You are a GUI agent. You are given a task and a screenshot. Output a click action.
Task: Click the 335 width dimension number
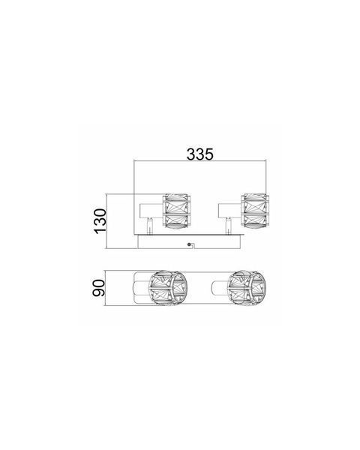pos(200,154)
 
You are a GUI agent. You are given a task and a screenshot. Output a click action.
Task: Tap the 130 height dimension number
pos(100,221)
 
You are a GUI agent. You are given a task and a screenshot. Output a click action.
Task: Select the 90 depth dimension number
pos(99,288)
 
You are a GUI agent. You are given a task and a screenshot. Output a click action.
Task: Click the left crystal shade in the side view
pos(176,211)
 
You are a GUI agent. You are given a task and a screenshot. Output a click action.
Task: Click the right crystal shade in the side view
pos(255,211)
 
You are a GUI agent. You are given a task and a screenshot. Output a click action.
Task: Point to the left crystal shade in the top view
pos(168,287)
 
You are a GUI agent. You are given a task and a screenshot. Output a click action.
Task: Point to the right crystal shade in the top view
pos(247,287)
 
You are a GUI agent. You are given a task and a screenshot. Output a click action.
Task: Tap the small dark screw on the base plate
pos(189,244)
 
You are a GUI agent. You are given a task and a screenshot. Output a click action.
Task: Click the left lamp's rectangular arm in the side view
pos(151,211)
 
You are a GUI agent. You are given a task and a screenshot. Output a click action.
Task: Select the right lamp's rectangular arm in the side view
pos(229,211)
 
